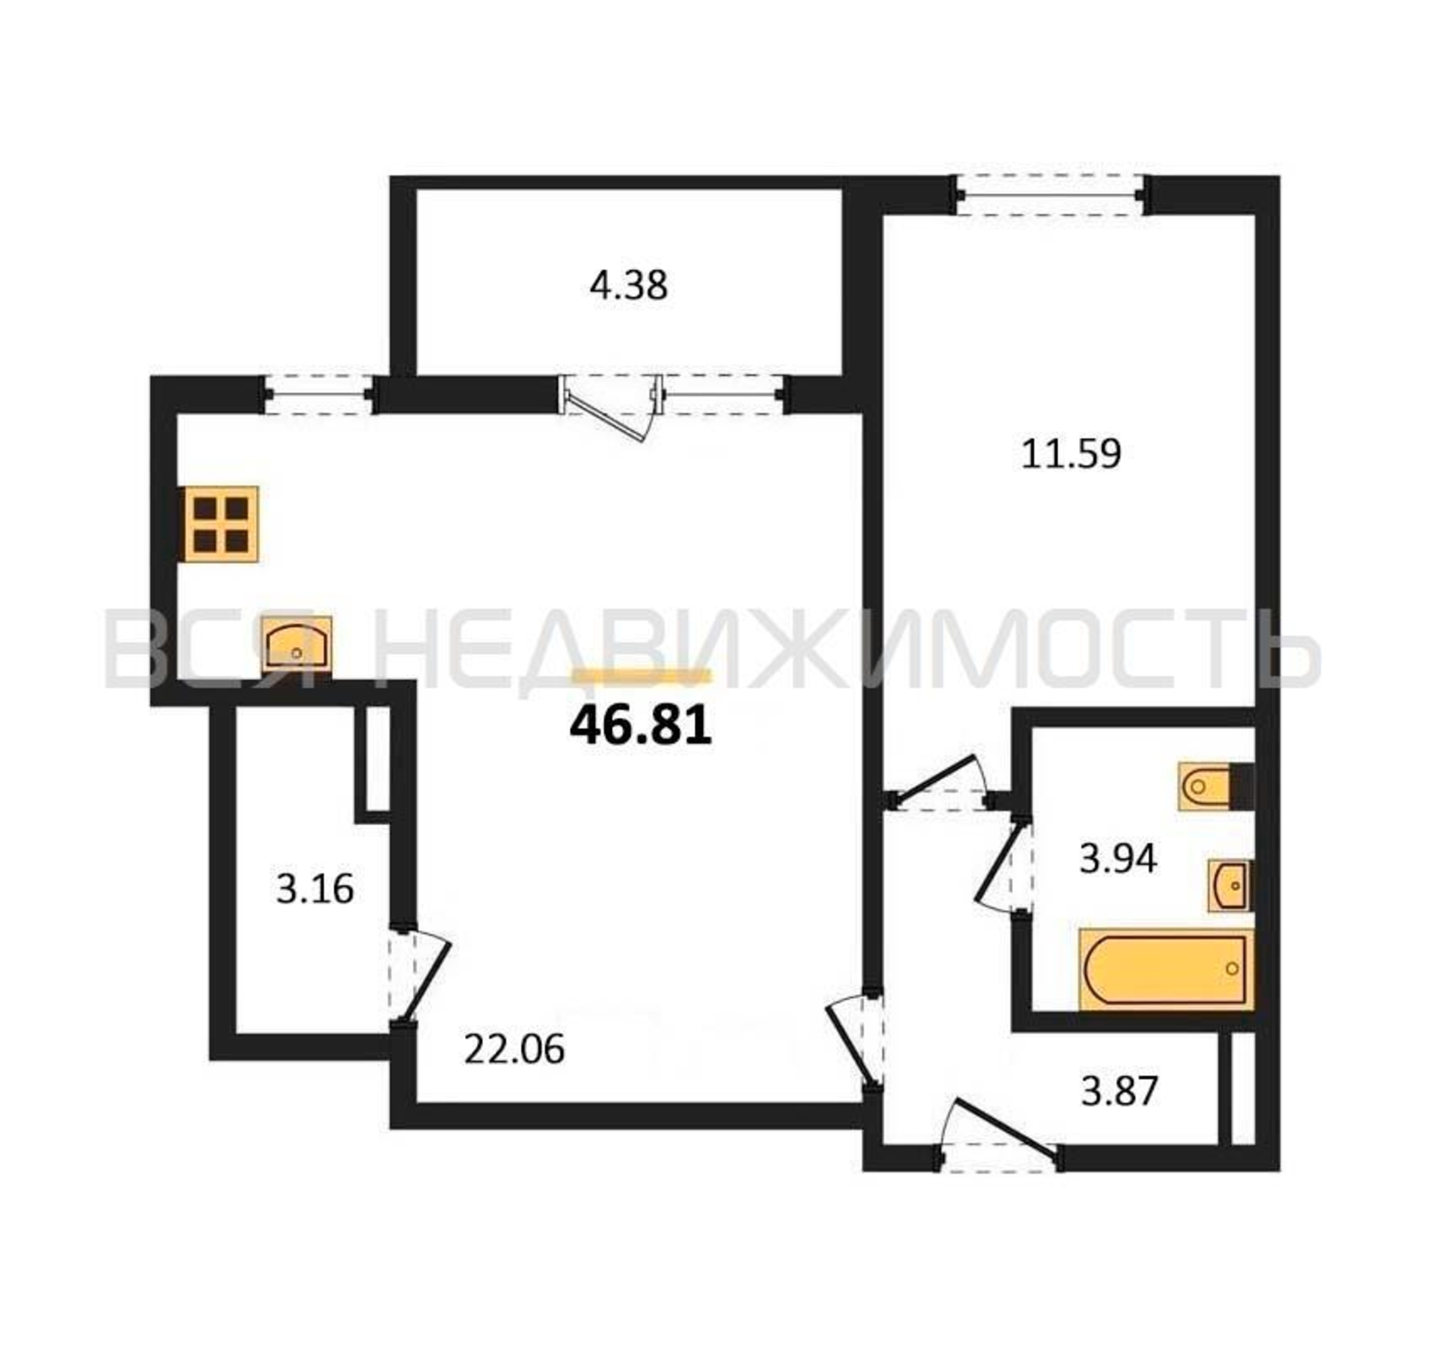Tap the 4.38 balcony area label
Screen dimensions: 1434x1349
tap(628, 285)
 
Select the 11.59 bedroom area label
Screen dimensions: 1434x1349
tap(1071, 454)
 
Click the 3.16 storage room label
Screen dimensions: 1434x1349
tap(315, 888)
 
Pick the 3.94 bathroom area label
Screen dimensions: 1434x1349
tap(1118, 859)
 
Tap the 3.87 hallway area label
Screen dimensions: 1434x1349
tap(1120, 1091)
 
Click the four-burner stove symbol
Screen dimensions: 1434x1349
tap(219, 524)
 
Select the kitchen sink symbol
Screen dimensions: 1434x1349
tap(296, 643)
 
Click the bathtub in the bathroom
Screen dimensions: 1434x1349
tap(1165, 970)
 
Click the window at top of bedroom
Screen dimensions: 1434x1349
tap(1050, 195)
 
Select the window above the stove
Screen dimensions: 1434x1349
tap(318, 395)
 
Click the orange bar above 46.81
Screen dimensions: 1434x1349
tap(642, 675)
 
